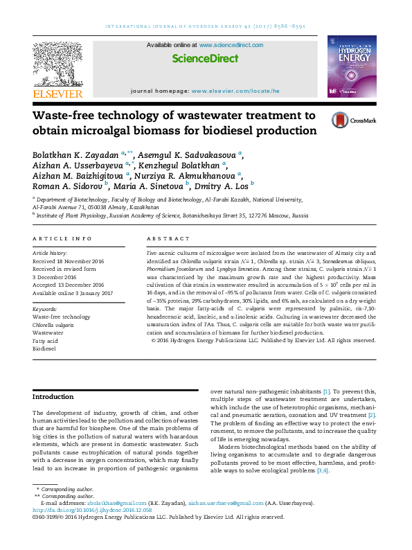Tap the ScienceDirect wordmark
coord(204,59)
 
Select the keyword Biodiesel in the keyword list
coord(46,349)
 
